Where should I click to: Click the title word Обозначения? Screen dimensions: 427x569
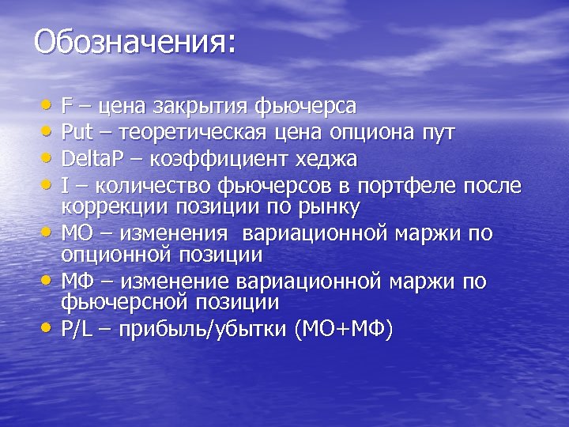click(134, 42)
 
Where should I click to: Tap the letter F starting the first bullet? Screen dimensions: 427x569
click(67, 105)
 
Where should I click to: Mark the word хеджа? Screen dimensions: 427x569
click(326, 159)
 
